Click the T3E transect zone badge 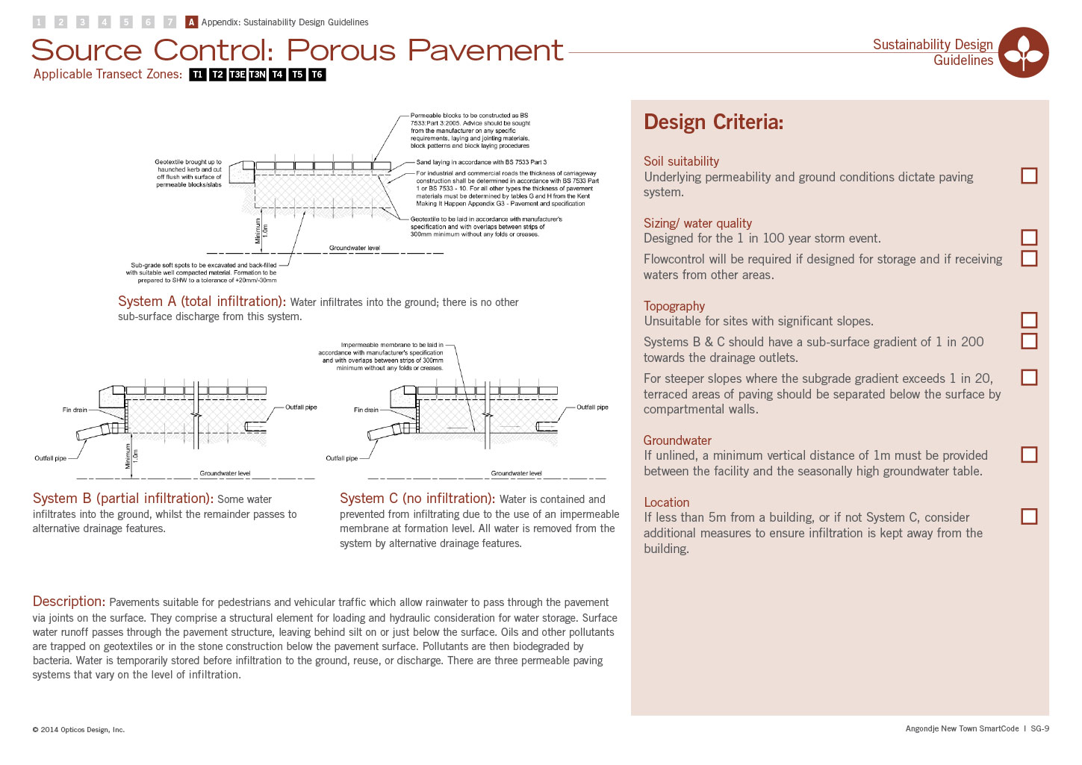pos(237,75)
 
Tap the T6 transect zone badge pos(317,75)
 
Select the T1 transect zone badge pos(198,75)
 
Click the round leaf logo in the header pos(1024,52)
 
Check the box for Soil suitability pos(1029,175)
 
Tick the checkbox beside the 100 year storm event pos(1029,237)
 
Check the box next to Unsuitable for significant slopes pos(1029,320)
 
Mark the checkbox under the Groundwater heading pos(1029,455)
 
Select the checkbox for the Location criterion pos(1029,516)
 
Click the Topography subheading pos(674,306)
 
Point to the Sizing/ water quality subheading pos(697,223)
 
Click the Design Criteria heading pos(713,122)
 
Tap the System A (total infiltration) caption pos(202,302)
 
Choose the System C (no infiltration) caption pos(417,499)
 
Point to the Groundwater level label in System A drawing pos(355,248)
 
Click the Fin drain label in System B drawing pos(75,410)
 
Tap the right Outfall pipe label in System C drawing pos(592,408)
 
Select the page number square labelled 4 pos(105,22)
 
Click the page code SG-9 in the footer pos(1039,728)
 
